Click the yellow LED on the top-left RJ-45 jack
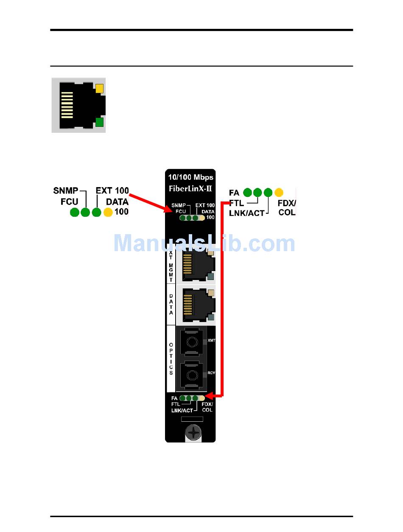click(x=100, y=89)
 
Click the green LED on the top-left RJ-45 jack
click(x=100, y=123)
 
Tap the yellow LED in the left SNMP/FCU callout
click(x=108, y=212)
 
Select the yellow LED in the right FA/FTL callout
click(x=279, y=193)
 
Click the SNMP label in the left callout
click(x=66, y=190)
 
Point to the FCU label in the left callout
click(x=70, y=201)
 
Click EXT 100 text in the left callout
click(x=112, y=190)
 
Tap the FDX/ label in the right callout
click(x=287, y=203)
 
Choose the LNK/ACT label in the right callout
click(x=246, y=213)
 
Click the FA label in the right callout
click(x=234, y=193)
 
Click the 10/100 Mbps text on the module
click(x=190, y=177)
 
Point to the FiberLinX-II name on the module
click(x=190, y=188)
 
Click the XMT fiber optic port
click(x=192, y=342)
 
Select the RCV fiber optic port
click(x=192, y=374)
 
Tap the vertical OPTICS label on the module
click(x=171, y=358)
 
